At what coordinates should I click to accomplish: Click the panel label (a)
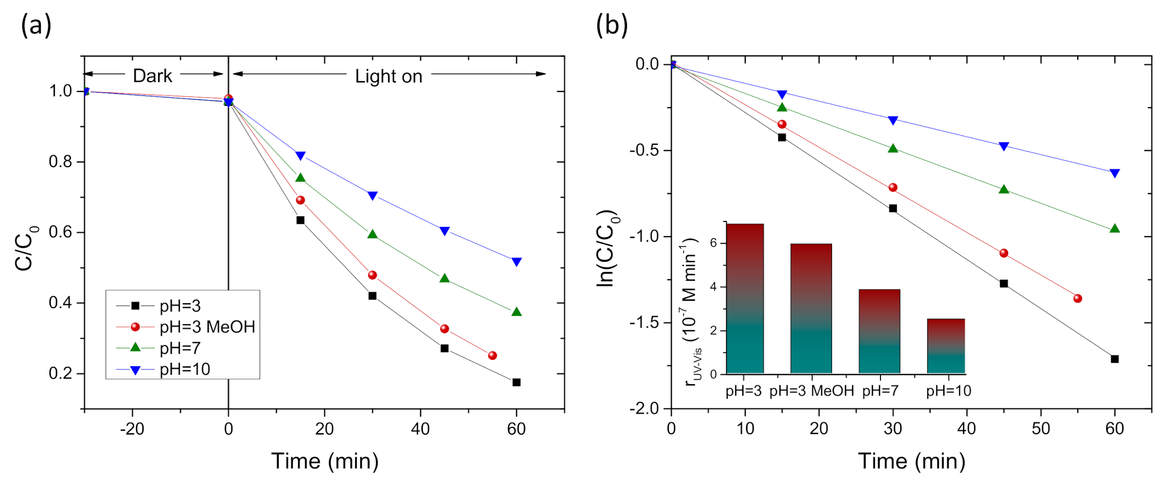coord(36,25)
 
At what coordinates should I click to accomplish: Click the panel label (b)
coord(612,25)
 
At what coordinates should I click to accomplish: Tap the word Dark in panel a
coord(152,76)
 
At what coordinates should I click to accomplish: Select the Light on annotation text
coord(388,77)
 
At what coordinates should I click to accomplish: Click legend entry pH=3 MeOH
coord(207,327)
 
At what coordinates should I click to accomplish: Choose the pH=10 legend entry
coord(185,369)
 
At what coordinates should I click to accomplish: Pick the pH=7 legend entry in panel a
coord(180,349)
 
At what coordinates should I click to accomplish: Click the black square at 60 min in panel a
coord(516,382)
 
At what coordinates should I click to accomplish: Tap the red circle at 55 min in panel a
coord(492,355)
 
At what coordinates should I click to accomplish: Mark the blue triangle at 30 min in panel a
coord(373,196)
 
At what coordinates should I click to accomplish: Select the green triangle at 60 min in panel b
coord(1115,228)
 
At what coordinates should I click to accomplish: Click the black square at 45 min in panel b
coord(1003,283)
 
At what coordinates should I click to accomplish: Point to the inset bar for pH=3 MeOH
coord(811,308)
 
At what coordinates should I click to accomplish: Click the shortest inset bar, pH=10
coord(946,346)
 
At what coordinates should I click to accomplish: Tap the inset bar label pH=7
coord(880,391)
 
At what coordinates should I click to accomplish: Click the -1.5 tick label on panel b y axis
coord(644,323)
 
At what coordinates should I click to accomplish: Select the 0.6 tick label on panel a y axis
coord(60,232)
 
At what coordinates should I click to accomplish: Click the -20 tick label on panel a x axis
coord(132,429)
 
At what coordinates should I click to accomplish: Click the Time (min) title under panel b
coord(911,461)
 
